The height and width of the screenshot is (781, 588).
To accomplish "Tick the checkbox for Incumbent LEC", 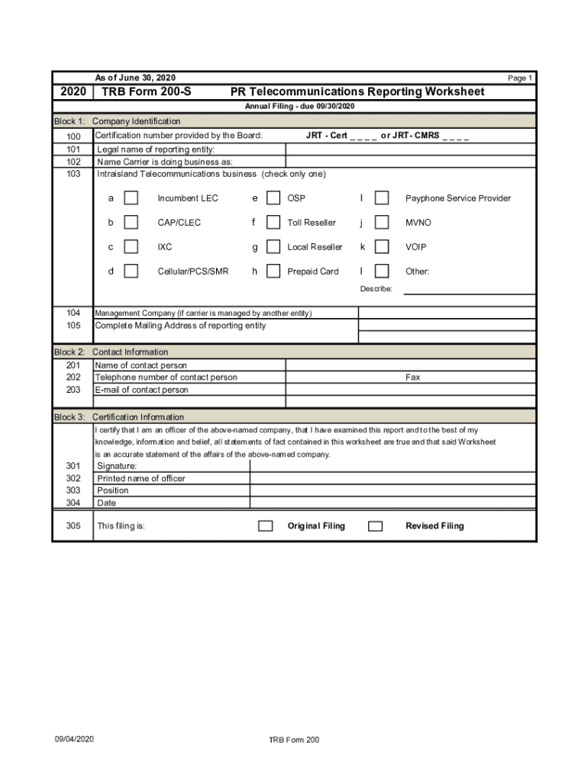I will point(131,198).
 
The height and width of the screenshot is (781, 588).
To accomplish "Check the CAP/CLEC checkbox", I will point(131,223).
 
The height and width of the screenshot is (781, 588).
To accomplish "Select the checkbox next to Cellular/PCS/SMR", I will point(131,271).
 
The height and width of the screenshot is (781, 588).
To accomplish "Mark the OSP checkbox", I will point(273,198).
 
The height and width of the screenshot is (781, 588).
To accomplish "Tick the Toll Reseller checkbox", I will point(273,223).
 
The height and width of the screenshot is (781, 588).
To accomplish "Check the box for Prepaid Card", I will point(273,271).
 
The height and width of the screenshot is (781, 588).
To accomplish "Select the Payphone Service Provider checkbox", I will point(382,198).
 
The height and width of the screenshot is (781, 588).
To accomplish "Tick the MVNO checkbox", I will point(382,223).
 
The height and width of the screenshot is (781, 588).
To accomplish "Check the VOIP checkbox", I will point(382,247).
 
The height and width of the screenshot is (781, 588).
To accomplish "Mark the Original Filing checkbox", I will point(266,526).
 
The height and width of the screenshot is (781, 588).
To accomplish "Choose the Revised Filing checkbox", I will point(375,526).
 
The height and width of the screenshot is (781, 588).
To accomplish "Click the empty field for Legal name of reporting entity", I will point(410,149).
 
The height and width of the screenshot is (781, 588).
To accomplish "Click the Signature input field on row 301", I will point(393,466).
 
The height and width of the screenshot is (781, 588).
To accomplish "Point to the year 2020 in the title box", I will point(73,92).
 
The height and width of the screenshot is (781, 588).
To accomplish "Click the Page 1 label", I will point(520,79).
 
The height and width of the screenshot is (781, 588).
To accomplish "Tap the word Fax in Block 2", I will point(412,378).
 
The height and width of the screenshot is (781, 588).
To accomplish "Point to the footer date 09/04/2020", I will point(74,739).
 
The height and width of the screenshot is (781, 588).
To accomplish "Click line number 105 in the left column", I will point(73,326).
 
